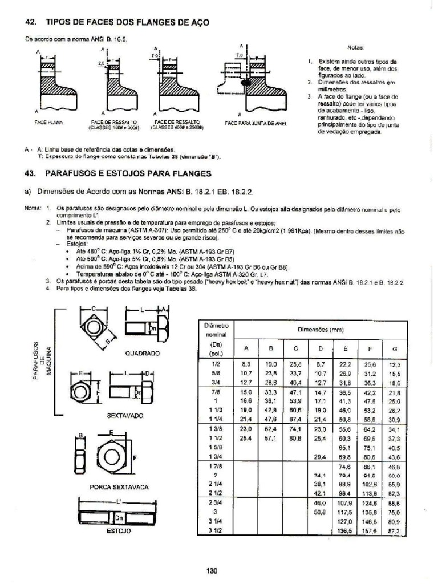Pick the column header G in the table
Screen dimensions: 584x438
393,348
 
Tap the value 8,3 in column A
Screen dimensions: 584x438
246,364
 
